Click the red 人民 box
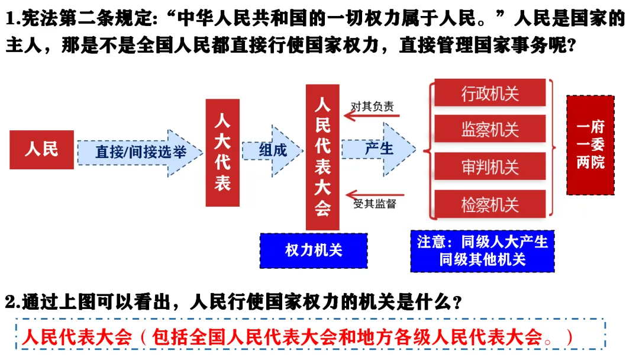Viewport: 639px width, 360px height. (41, 149)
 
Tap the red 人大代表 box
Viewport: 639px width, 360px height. (222, 152)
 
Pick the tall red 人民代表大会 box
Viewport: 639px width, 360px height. (322, 157)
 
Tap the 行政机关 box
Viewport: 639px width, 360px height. (490, 93)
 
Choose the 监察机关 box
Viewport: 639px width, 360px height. (490, 129)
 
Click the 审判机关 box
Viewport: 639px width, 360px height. (490, 167)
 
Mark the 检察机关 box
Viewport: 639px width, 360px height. (490, 205)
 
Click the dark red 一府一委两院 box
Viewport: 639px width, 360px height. (590, 145)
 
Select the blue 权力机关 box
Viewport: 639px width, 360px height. (314, 250)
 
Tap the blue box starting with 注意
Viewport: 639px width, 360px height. (482, 250)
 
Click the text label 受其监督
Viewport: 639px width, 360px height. (374, 204)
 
